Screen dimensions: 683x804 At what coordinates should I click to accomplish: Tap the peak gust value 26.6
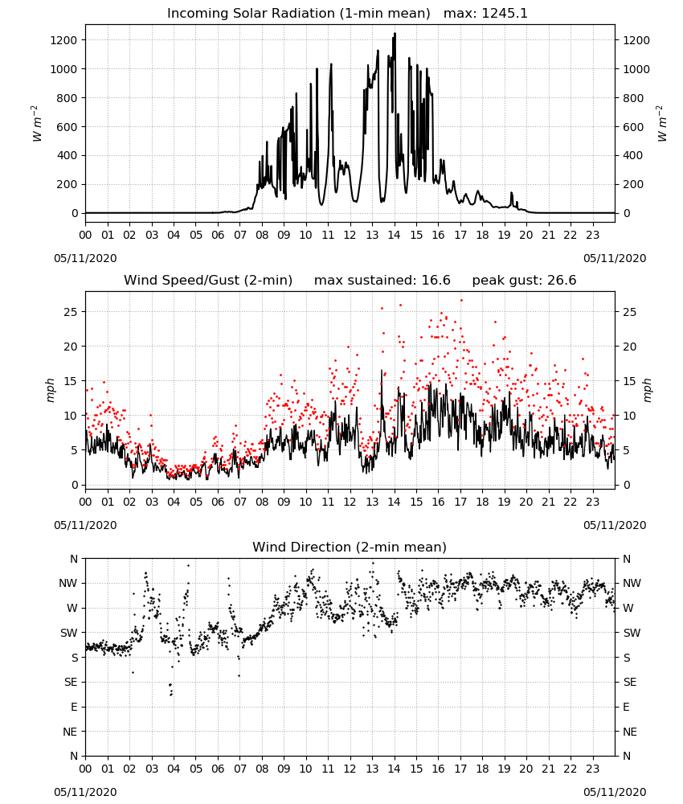559,281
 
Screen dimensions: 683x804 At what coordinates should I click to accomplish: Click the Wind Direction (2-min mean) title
350,547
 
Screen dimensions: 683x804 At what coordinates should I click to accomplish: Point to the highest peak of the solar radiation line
395,33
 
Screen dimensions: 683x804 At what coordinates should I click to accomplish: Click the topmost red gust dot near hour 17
461,301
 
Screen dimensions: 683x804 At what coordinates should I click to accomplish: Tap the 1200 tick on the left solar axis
64,40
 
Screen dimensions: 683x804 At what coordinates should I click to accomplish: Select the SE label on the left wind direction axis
71,683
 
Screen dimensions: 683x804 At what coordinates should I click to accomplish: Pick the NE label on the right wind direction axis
630,732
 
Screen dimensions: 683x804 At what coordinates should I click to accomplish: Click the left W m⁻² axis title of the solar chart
36,124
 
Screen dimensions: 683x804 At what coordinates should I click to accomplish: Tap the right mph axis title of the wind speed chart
647,390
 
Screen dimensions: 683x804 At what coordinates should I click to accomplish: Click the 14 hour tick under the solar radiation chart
394,236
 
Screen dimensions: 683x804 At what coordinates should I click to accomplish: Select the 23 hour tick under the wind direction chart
592,769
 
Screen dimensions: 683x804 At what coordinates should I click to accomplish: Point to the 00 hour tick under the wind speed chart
85,502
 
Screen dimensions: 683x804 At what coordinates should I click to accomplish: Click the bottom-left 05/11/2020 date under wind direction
85,792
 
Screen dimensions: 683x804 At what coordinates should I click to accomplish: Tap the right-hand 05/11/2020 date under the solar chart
615,258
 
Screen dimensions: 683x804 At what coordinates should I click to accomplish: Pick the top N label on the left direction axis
74,560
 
